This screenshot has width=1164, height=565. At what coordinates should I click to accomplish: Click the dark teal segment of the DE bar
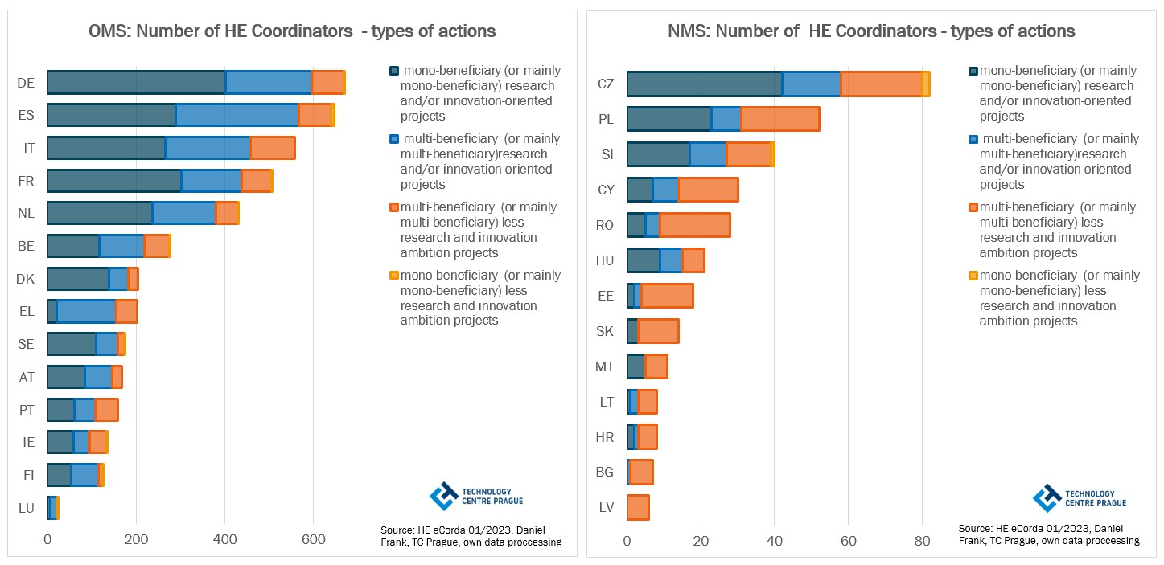136,83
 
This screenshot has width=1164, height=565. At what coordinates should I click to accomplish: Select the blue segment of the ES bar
237,116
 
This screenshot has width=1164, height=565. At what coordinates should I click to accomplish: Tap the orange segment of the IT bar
272,149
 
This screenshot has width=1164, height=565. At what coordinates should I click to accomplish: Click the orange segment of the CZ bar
881,84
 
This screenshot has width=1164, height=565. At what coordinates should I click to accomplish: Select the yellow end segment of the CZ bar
926,84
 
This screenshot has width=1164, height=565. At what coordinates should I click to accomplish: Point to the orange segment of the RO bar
694,225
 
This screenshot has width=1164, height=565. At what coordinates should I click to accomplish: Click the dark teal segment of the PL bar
668,119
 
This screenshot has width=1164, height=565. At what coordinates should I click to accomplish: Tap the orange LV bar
638,508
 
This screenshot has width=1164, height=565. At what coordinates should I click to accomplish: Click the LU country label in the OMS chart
26,508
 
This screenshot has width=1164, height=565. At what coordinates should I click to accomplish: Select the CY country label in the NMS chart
606,190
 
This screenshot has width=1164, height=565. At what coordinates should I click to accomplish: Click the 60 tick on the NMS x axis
848,542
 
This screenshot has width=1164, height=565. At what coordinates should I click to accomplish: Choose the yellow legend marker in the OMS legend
393,276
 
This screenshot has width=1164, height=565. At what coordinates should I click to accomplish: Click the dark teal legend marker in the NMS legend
973,71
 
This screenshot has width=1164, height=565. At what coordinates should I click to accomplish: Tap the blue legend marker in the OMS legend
393,139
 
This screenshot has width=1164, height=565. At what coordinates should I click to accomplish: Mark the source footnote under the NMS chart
1048,534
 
